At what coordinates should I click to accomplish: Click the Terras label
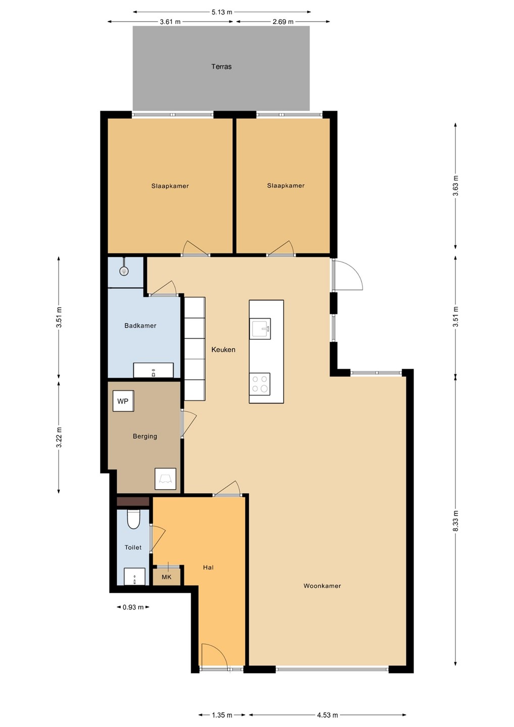point(221,67)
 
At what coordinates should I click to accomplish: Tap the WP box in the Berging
point(123,401)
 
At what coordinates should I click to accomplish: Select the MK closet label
point(167,577)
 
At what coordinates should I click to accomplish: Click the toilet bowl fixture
point(133,519)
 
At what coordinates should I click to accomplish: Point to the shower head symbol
point(124,271)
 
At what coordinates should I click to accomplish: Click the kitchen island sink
point(260,329)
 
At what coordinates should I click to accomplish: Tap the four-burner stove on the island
point(260,384)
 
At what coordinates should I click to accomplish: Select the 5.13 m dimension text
point(222,12)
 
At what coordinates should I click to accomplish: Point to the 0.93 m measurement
point(133,607)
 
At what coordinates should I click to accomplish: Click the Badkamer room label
point(140,326)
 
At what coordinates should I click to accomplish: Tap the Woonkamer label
point(322,586)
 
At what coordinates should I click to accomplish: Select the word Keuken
point(223,349)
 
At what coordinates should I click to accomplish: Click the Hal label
point(208,567)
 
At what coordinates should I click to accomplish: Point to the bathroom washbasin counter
point(153,370)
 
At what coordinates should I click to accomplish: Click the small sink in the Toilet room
point(134,576)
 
